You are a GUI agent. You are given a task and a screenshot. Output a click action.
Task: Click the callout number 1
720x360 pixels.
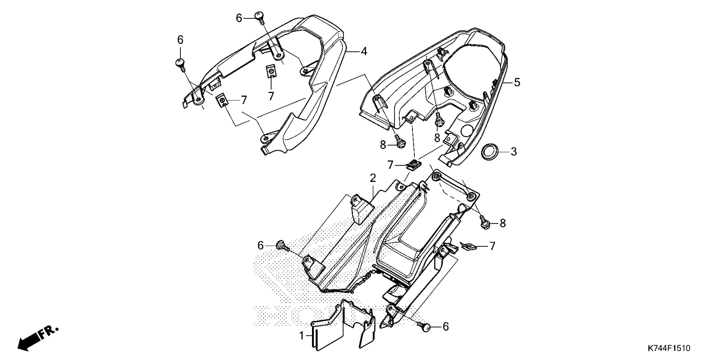pos(301,335)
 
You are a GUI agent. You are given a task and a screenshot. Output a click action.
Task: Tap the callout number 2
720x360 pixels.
pos(373,178)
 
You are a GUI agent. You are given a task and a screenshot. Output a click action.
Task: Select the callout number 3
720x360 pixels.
pos(514,152)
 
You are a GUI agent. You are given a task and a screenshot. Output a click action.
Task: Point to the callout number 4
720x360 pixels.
pos(364,51)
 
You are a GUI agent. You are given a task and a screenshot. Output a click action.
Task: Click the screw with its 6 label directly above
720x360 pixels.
pos(180,63)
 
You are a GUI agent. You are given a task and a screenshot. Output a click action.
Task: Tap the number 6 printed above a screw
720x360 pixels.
pos(180,40)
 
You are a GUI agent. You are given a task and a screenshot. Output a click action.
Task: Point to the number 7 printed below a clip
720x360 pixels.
pos(271,96)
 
